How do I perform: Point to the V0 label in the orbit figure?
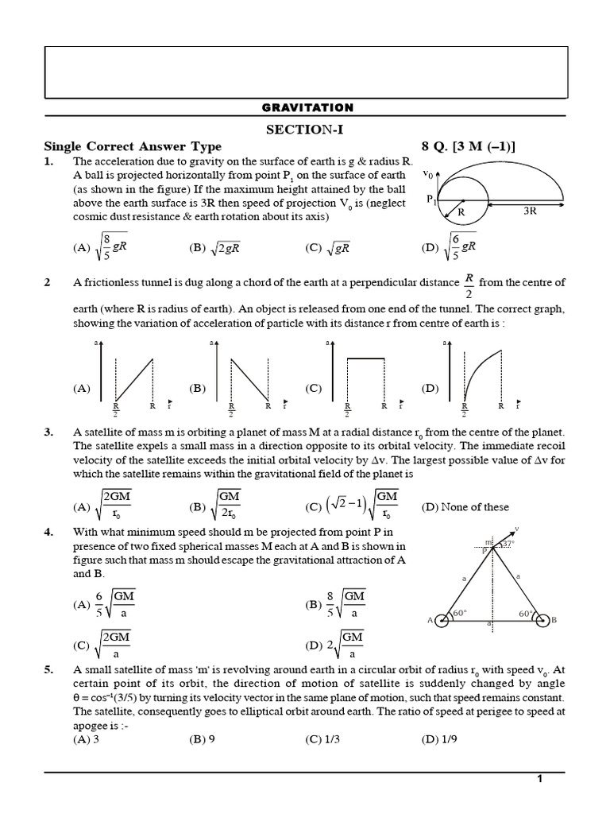(x=428, y=172)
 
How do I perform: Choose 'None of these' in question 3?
(x=465, y=507)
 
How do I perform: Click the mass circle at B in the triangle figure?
(x=543, y=620)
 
